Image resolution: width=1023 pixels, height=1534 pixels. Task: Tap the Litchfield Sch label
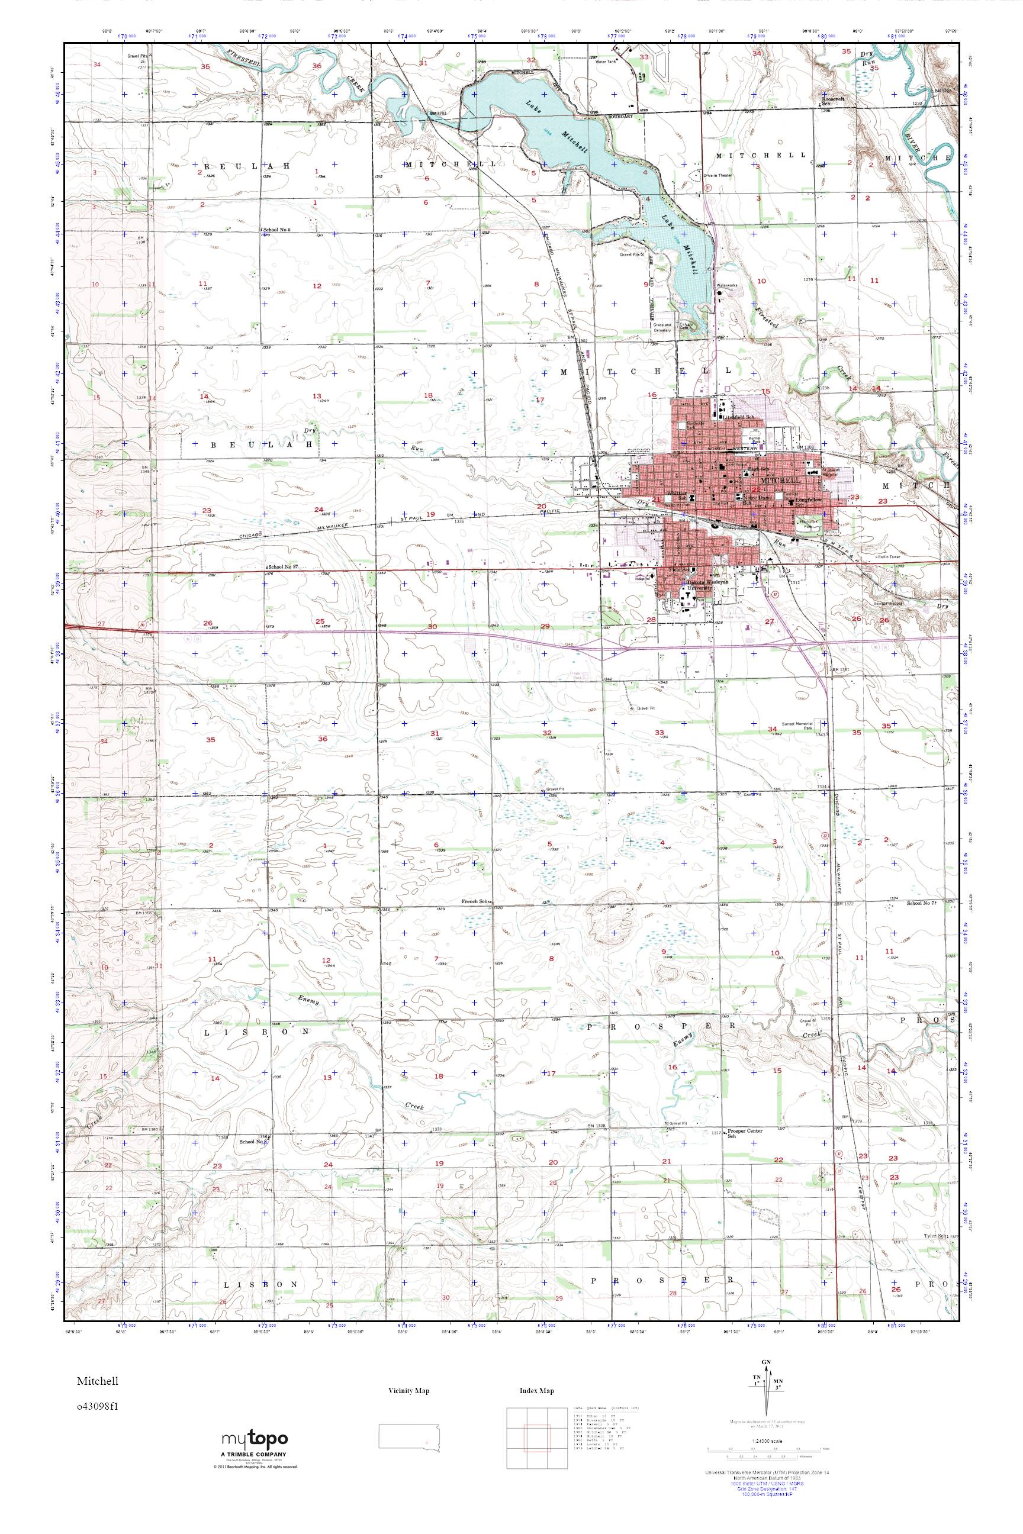(x=739, y=416)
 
